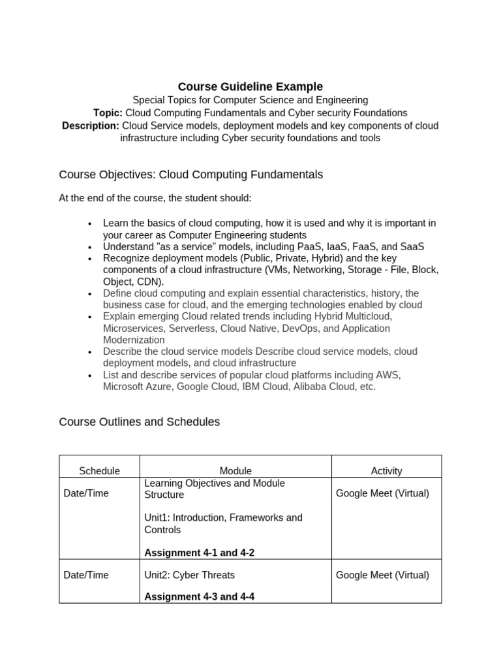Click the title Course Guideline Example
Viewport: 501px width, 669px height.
pos(250,87)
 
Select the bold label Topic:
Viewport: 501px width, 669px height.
pos(108,113)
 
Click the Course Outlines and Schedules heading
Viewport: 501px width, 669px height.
pos(139,422)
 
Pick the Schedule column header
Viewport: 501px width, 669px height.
pos(99,470)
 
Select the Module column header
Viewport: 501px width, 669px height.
pos(235,470)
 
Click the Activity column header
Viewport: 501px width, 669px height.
pos(386,470)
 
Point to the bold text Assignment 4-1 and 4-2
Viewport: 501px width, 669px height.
pos(199,553)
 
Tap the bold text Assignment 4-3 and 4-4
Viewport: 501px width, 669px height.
pos(199,596)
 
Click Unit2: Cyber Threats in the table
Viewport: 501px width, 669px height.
pos(189,575)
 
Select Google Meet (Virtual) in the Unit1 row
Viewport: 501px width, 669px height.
pos(382,493)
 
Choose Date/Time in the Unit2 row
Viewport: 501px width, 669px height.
pos(86,575)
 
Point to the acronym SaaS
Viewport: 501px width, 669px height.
pos(412,246)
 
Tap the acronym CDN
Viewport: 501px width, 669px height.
pos(151,282)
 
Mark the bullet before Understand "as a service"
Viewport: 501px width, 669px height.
pos(90,247)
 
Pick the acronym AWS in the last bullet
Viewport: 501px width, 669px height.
pos(387,375)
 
